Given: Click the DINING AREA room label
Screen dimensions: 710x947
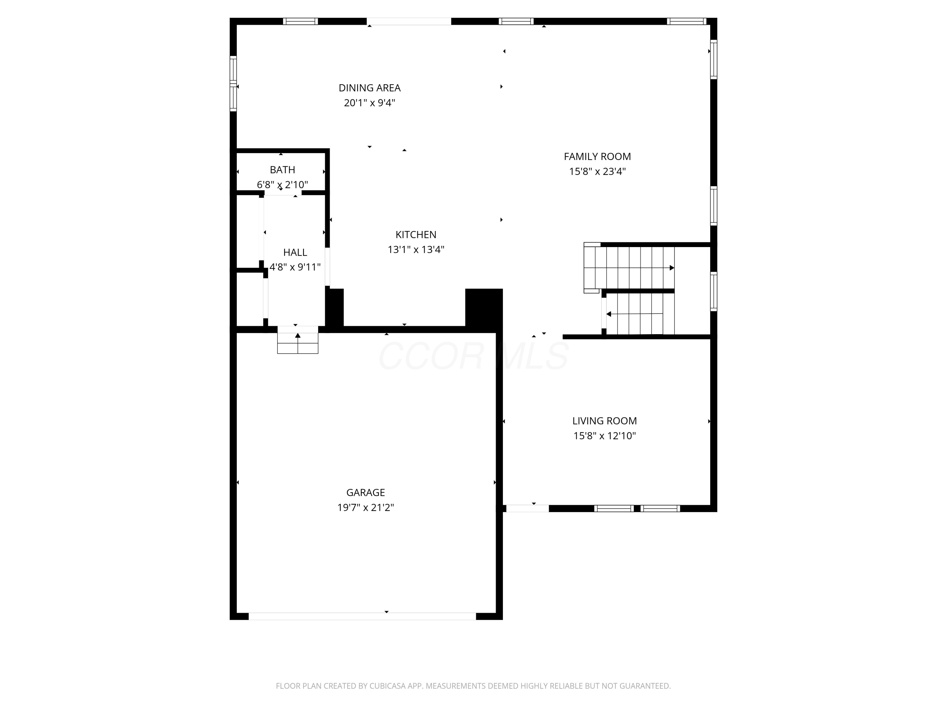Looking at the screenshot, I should [369, 88].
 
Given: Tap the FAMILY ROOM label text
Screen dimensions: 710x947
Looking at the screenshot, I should [597, 157].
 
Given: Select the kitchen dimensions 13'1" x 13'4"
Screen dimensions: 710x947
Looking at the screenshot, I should [416, 250].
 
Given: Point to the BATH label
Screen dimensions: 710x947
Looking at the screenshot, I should [282, 170].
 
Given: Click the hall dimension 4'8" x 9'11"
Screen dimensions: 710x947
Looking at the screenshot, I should [295, 267].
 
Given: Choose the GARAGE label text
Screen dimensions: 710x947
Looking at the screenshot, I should [365, 493].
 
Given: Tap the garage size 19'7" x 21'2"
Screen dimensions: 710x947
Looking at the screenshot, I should [365, 507].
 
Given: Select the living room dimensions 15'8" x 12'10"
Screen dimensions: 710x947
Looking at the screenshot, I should [604, 436].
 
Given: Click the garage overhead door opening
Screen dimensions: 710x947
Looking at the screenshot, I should [362, 616].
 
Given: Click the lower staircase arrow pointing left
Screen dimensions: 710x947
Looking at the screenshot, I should [609, 314].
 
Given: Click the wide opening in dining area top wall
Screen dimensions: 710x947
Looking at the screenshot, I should [408, 21].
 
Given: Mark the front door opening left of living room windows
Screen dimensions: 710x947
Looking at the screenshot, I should [527, 508].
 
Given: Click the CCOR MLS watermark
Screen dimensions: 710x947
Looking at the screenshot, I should [473, 356].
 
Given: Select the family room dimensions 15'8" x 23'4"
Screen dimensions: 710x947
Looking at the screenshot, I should [597, 172].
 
